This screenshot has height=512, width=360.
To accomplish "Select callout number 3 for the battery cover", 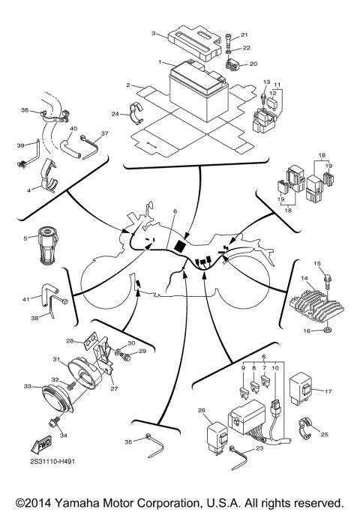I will click(x=154, y=34).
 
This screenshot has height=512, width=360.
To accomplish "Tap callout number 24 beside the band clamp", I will click(x=115, y=114).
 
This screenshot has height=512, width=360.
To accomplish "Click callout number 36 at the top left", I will click(x=24, y=111).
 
